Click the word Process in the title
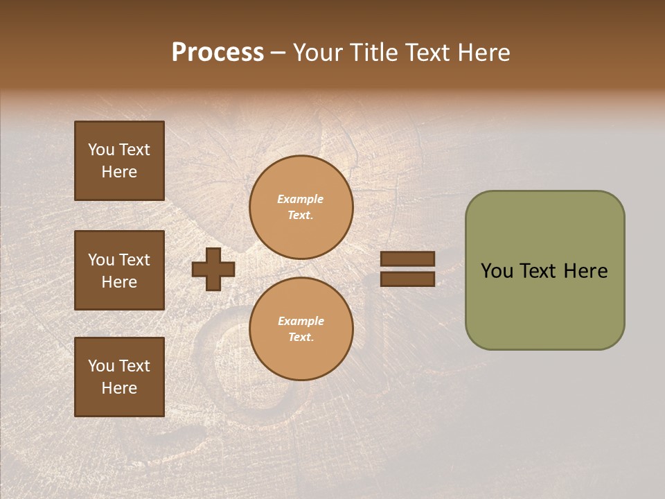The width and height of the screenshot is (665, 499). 218,53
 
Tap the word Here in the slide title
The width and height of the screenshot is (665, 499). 482,53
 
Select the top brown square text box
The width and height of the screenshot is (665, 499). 119,161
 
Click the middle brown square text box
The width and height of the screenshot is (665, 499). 119,270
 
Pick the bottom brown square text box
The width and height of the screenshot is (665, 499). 119,376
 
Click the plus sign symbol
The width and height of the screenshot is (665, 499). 213,269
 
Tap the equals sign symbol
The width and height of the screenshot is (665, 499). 407,269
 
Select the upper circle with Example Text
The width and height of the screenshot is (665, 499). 301,207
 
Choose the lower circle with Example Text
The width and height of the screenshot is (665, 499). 301,329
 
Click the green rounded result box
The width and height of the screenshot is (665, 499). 544,270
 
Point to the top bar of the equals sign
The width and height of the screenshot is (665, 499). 407,259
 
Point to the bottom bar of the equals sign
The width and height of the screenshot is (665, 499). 407,279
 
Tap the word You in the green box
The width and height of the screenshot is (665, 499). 496,271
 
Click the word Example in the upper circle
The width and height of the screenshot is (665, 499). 301,200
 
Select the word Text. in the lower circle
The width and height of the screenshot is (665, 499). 301,338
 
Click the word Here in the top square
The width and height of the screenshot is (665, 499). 119,172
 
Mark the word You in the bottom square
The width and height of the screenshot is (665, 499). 101,366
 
